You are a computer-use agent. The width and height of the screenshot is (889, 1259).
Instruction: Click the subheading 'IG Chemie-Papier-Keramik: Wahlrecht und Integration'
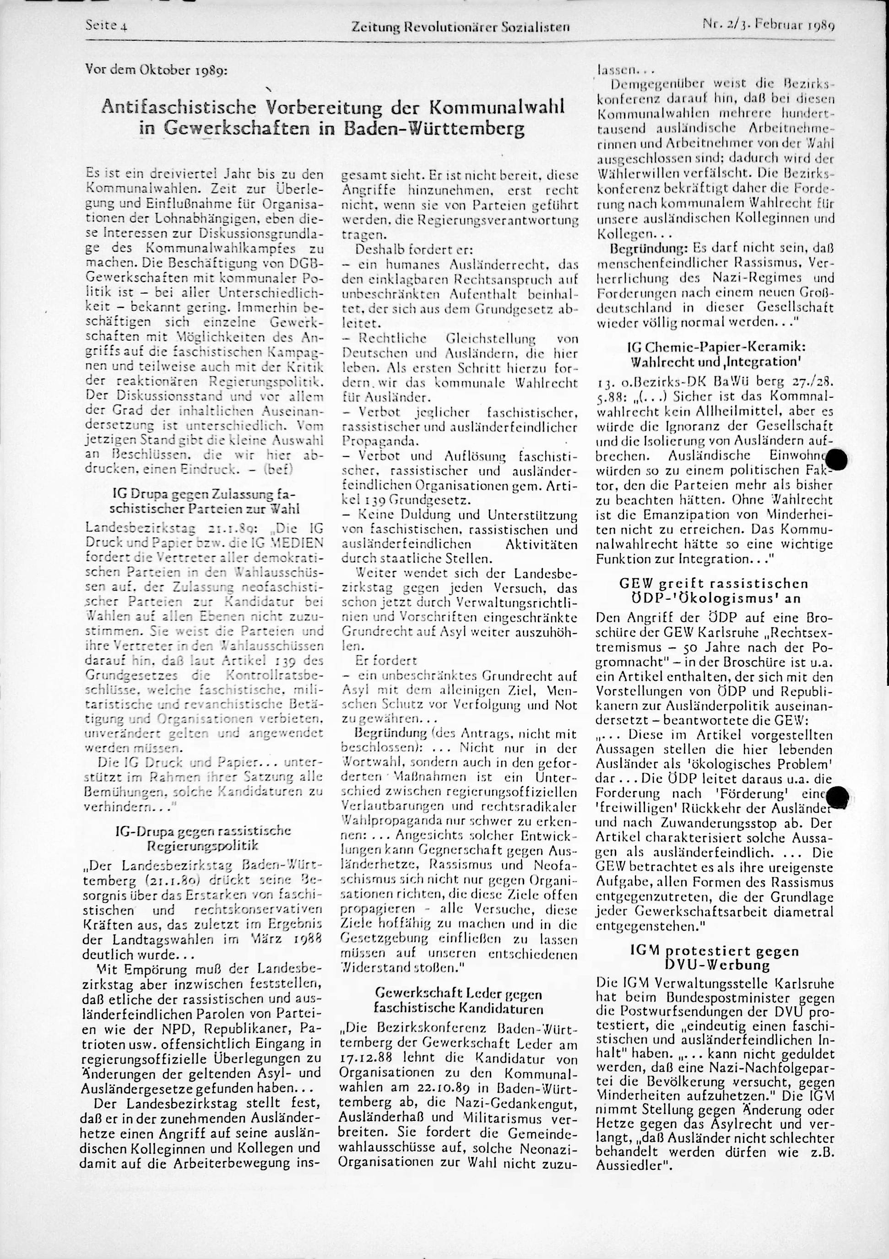pos(715,355)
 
